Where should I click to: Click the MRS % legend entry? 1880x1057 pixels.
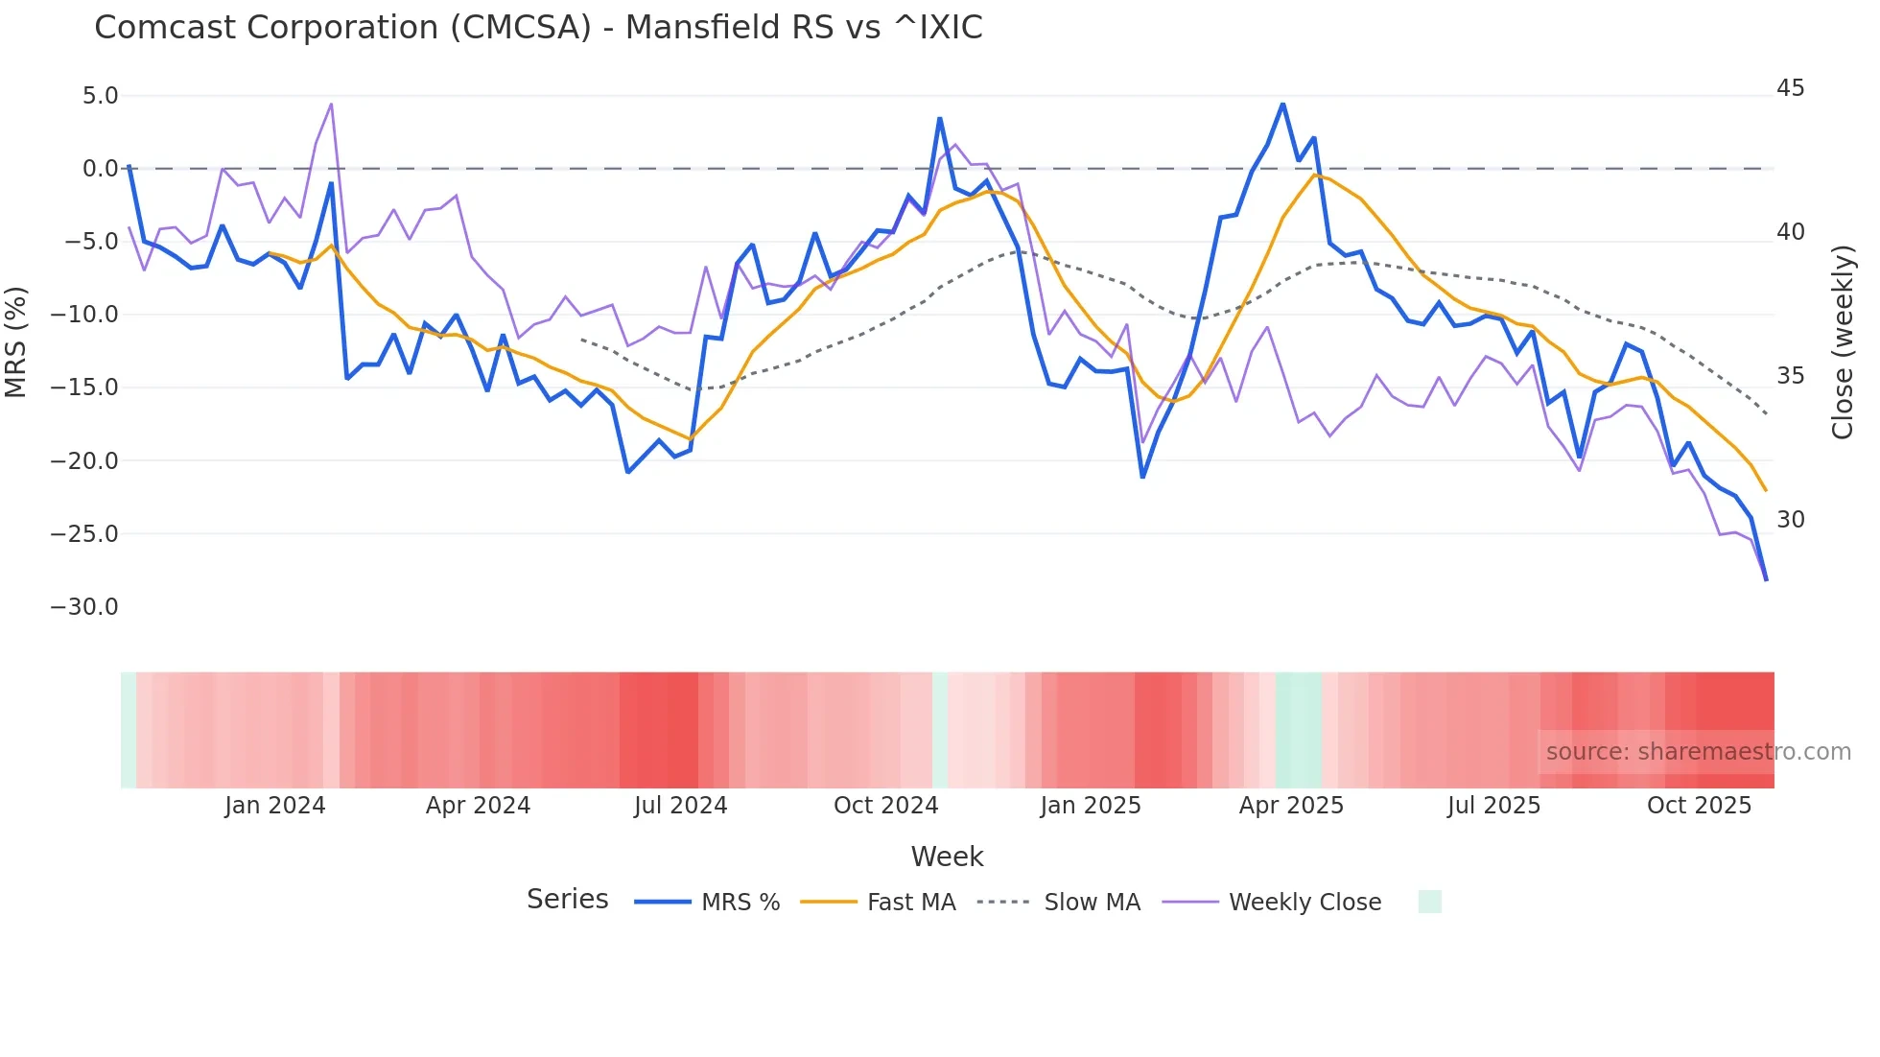coord(740,903)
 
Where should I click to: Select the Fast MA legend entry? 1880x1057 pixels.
coord(910,903)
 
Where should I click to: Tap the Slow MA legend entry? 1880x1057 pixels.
coord(1092,903)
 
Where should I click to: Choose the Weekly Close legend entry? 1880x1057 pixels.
coord(1304,903)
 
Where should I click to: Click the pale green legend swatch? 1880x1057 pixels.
coord(1429,902)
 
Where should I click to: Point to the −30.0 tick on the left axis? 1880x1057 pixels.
coord(84,607)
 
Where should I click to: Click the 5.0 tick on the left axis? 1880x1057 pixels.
coord(100,96)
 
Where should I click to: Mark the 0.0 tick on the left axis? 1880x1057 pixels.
coord(100,169)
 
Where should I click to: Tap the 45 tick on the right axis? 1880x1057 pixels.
coord(1790,88)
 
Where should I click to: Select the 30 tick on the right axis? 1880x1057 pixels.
coord(1790,520)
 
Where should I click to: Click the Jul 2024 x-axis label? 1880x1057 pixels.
coord(680,806)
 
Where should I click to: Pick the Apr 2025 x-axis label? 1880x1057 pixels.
coord(1291,806)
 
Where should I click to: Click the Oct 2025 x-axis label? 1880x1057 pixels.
coord(1699,806)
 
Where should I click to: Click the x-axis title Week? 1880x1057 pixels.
coord(947,857)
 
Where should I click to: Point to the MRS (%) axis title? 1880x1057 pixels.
coord(16,341)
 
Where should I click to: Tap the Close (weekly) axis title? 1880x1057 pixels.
coord(1843,341)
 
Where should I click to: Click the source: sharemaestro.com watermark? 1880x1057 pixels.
coord(1698,752)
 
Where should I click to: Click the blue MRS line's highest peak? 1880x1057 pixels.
coord(1282,104)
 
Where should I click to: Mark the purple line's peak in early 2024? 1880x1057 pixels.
coord(331,104)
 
